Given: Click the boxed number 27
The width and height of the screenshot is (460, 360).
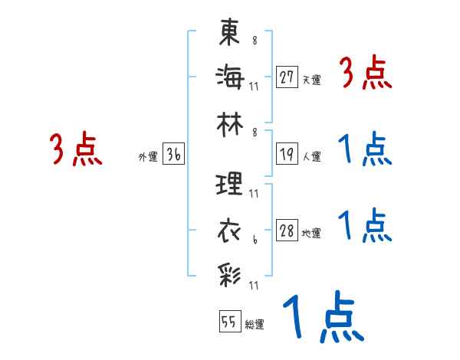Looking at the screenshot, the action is pyautogui.click(x=287, y=77).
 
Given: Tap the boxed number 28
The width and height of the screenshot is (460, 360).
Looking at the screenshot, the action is pyautogui.click(x=287, y=231).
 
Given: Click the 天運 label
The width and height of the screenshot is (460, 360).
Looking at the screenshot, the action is pyautogui.click(x=311, y=80).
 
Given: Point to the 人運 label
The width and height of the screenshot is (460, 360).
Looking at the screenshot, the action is pyautogui.click(x=311, y=157).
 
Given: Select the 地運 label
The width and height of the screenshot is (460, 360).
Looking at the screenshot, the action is pyautogui.click(x=311, y=234).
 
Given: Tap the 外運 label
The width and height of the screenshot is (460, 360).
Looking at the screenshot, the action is pyautogui.click(x=147, y=157).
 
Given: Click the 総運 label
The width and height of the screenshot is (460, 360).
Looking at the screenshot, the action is pyautogui.click(x=255, y=324).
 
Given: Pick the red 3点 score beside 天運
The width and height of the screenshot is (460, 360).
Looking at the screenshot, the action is pyautogui.click(x=366, y=74).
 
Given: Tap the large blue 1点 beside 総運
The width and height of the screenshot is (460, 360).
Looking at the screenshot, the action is pyautogui.click(x=322, y=318).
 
